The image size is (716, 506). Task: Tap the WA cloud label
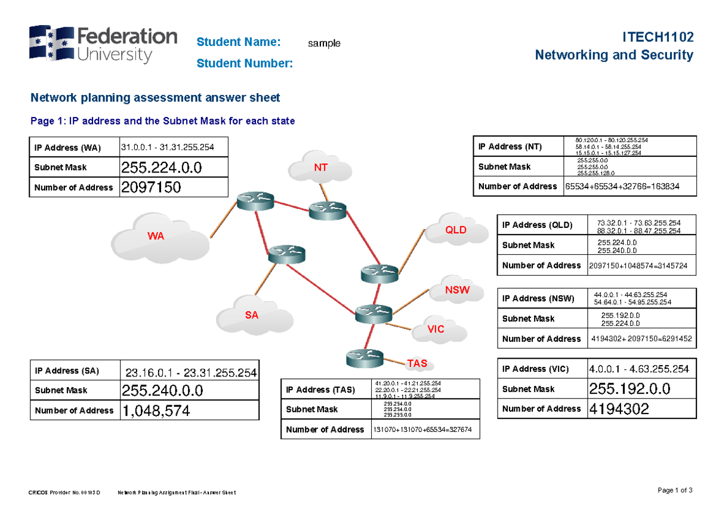(x=156, y=236)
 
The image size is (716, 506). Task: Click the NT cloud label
(x=321, y=168)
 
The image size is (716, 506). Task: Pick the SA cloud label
(x=252, y=315)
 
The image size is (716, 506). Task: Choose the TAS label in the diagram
(x=416, y=363)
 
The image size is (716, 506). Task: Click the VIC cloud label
(x=436, y=329)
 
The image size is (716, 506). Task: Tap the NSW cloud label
(x=457, y=291)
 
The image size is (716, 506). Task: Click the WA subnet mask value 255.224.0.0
(x=161, y=167)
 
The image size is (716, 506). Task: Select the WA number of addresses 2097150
(x=150, y=187)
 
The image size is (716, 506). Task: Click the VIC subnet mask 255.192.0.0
(x=629, y=389)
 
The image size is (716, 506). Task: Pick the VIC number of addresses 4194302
(x=619, y=409)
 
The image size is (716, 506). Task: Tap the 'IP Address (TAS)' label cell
(x=320, y=390)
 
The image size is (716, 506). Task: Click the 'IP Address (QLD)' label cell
(x=537, y=225)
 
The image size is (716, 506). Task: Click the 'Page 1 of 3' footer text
(x=675, y=490)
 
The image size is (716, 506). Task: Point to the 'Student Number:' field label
(x=245, y=63)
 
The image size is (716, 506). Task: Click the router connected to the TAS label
(x=364, y=358)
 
